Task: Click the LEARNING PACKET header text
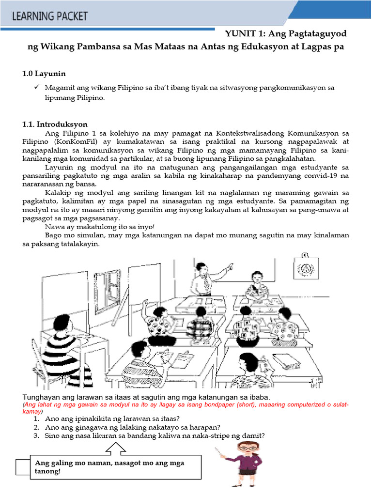(x=50, y=16)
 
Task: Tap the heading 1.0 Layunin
(x=44, y=74)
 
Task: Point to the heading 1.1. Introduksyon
(x=55, y=124)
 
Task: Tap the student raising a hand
(x=156, y=322)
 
